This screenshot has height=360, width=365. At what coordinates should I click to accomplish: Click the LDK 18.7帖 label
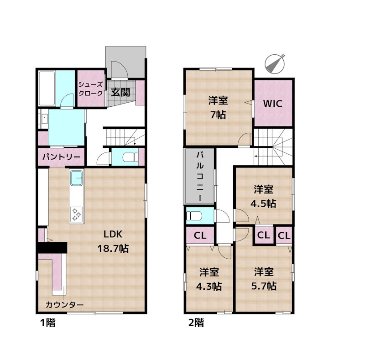[x=113, y=241]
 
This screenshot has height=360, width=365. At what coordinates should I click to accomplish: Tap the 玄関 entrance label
[x=120, y=93]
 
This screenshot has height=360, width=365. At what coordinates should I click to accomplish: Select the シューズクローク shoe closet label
[x=90, y=89]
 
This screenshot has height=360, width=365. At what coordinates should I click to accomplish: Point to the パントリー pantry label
[x=61, y=157]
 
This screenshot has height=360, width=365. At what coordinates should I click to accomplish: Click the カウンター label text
[x=64, y=305]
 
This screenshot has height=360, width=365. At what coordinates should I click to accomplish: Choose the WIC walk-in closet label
[x=273, y=104]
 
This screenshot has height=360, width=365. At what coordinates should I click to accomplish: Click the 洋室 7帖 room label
[x=218, y=108]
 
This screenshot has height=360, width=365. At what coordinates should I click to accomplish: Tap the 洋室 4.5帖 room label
[x=263, y=197]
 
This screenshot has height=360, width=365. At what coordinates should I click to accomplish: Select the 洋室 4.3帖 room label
[x=209, y=279]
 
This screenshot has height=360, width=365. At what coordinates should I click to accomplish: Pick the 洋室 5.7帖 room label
[x=264, y=279]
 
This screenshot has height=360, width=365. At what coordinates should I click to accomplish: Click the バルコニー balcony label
[x=200, y=176]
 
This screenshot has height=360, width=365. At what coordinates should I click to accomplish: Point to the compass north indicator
[x=275, y=63]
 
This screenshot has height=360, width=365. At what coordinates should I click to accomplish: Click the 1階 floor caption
[x=48, y=323]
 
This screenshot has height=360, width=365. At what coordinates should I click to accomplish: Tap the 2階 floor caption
[x=196, y=323]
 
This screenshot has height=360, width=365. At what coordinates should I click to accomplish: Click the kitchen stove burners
[x=76, y=214]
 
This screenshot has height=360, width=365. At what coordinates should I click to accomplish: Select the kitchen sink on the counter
[x=77, y=178]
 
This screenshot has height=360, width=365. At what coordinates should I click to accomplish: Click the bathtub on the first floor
[x=47, y=89]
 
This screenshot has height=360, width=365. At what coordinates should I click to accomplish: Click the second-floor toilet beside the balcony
[x=194, y=216]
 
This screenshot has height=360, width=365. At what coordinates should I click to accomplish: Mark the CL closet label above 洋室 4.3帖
[x=200, y=235]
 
